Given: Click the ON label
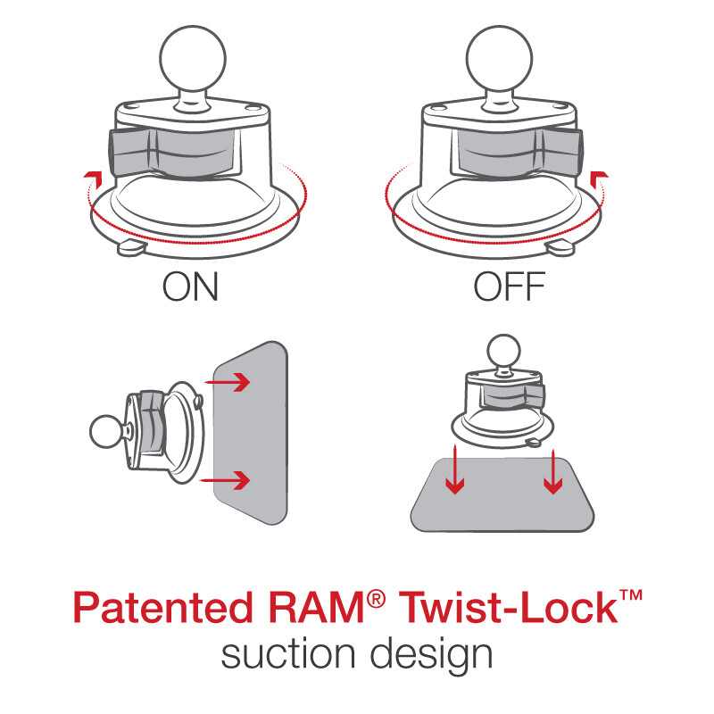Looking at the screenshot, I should [x=190, y=287].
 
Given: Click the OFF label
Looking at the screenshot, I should [x=509, y=287].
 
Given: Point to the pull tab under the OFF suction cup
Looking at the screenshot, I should [x=562, y=245].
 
